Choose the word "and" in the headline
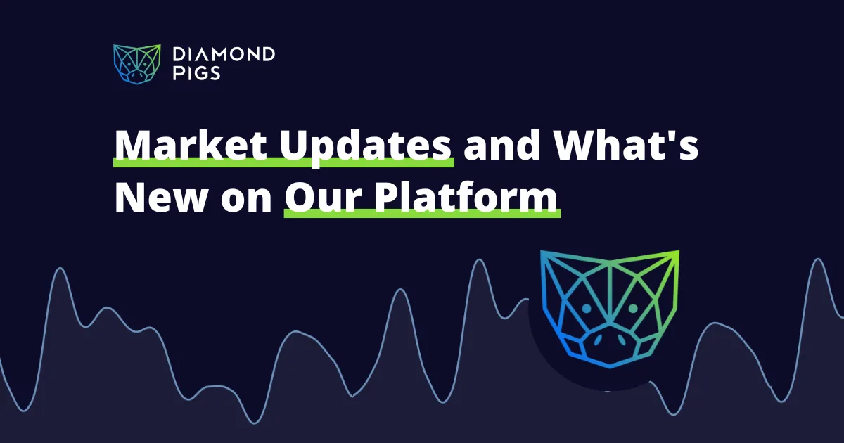click(495, 145)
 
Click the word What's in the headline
click(621, 145)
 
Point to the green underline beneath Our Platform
click(422, 214)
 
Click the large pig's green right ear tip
click(677, 253)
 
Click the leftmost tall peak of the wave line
click(59, 269)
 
